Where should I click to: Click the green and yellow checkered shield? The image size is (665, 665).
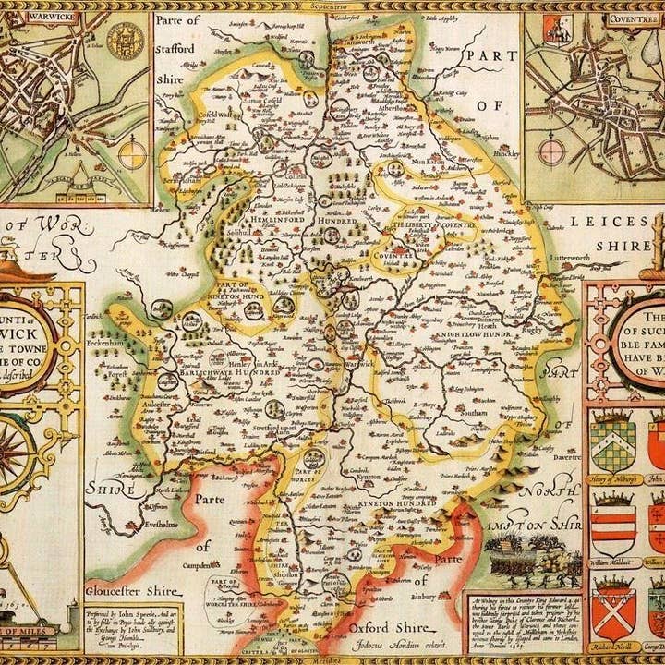click(612, 438)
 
